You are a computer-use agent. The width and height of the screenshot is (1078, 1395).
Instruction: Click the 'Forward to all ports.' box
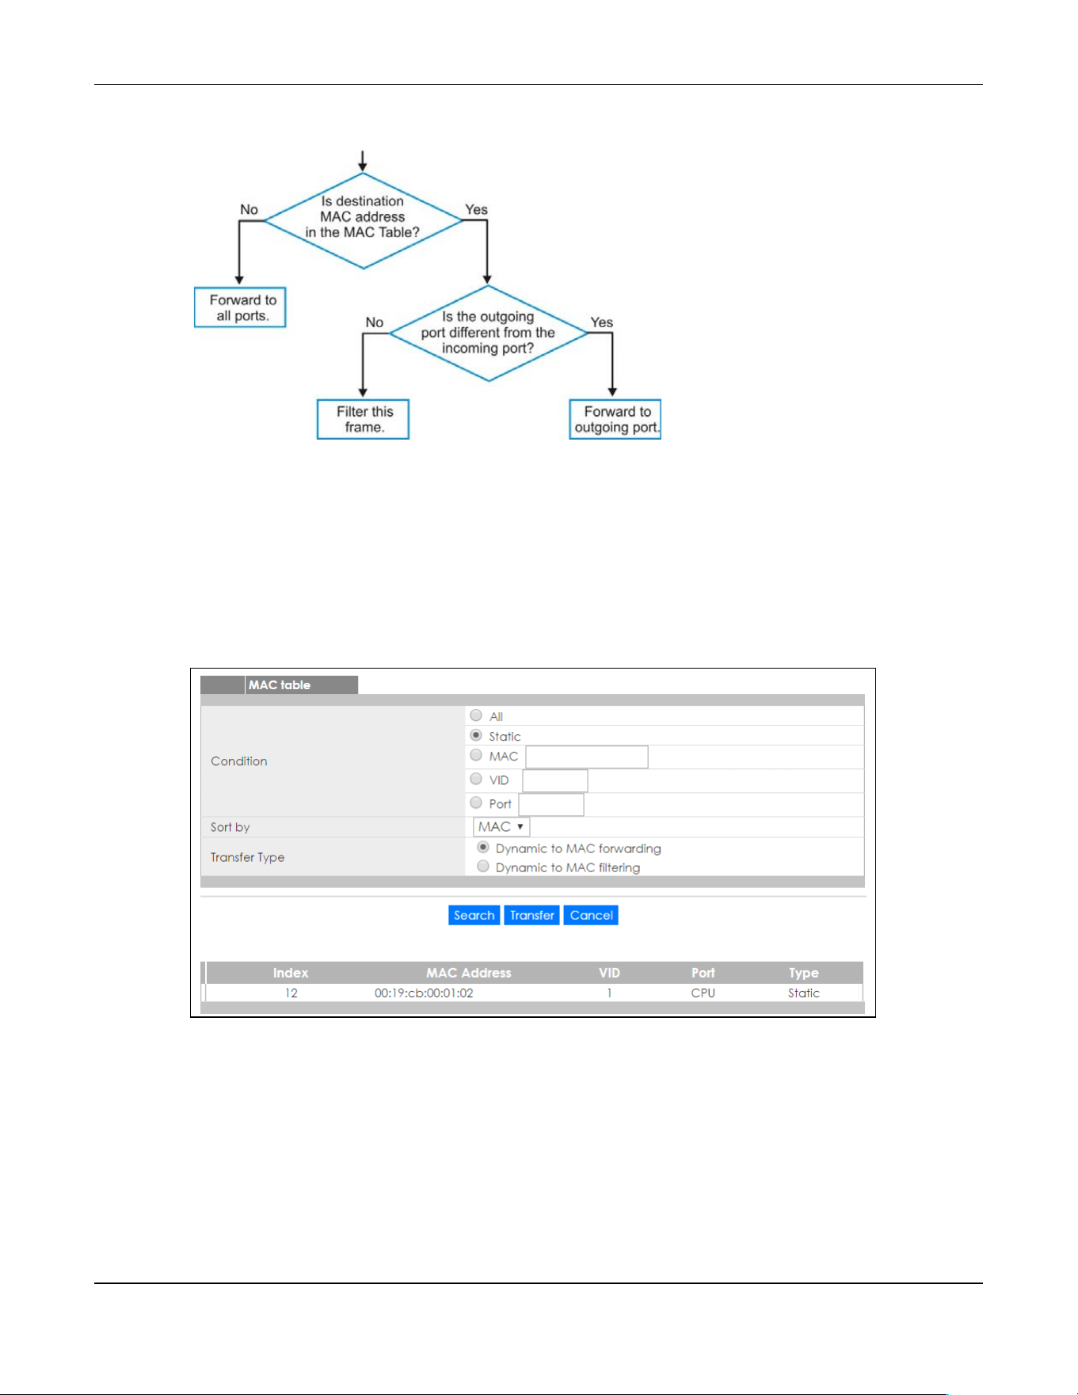pyautogui.click(x=240, y=307)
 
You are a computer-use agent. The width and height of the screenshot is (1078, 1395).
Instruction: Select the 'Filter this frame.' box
pyautogui.click(x=363, y=419)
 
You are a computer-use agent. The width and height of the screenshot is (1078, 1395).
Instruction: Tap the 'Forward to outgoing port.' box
pyautogui.click(x=615, y=419)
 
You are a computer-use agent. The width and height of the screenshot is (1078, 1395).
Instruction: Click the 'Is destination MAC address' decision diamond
pyautogui.click(x=363, y=221)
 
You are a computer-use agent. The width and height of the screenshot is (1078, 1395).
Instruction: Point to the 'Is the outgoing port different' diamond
pyautogui.click(x=489, y=334)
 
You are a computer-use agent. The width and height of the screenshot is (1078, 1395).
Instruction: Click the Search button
pyautogui.click(x=474, y=915)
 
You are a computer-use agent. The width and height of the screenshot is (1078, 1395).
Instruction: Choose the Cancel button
pyautogui.click(x=591, y=915)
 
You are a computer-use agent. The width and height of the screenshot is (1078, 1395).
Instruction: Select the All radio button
pyautogui.click(x=476, y=715)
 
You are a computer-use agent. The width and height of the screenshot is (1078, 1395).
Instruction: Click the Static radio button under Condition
pyautogui.click(x=476, y=735)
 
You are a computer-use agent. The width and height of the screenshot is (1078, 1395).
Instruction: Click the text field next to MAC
pyautogui.click(x=587, y=757)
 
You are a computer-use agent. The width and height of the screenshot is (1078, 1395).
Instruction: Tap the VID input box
pyautogui.click(x=555, y=780)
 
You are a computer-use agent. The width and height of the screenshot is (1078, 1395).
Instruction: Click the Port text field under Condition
pyautogui.click(x=551, y=804)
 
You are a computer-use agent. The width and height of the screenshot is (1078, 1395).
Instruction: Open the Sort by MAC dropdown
pyautogui.click(x=501, y=827)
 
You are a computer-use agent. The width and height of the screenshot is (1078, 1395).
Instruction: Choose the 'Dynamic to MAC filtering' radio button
pyautogui.click(x=483, y=867)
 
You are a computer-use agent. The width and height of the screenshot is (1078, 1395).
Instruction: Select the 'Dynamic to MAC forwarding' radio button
pyautogui.click(x=483, y=848)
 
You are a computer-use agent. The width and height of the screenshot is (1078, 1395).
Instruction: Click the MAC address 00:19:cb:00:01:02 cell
pyautogui.click(x=424, y=993)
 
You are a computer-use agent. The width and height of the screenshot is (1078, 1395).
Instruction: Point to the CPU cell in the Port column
pyautogui.click(x=703, y=993)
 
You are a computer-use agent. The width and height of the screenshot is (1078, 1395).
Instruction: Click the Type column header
pyautogui.click(x=803, y=973)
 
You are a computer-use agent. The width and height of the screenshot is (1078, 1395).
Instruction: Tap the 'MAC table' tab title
pyautogui.click(x=280, y=685)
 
